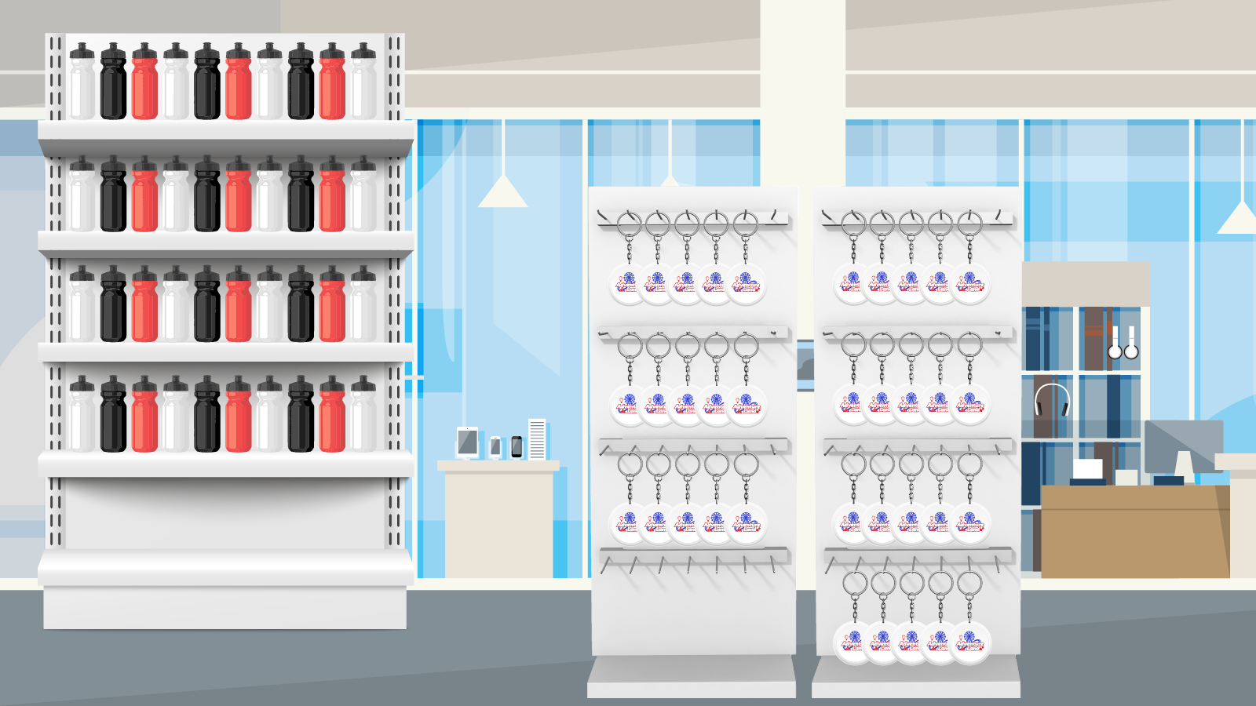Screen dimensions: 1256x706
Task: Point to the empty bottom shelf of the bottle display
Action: [225, 514]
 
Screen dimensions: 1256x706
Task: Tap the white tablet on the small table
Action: [468, 442]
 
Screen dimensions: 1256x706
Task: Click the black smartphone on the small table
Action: [517, 446]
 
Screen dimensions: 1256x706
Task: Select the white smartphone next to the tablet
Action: [495, 447]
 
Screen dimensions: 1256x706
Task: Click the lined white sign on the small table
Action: [537, 439]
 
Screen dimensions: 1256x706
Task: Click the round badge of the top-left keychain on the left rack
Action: [629, 283]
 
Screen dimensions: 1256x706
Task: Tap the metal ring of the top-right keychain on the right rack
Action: [969, 224]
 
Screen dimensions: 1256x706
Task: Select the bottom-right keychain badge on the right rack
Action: [970, 642]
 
